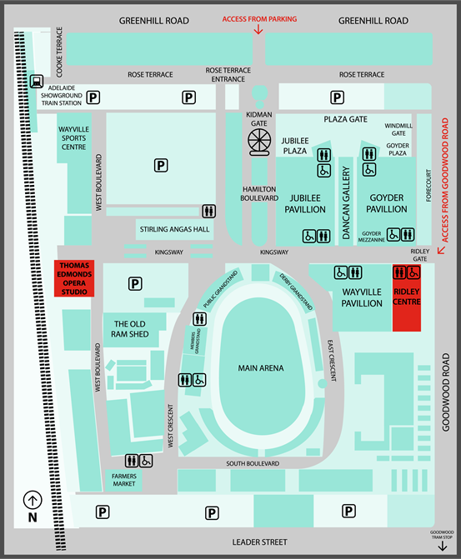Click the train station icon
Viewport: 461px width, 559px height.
point(37,82)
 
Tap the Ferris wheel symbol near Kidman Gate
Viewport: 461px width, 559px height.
point(259,142)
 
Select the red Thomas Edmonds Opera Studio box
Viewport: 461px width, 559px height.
point(74,278)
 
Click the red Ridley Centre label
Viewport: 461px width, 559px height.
point(407,297)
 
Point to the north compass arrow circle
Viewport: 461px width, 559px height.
point(33,500)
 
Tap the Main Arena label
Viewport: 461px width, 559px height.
point(261,368)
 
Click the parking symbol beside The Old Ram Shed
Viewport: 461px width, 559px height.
point(135,284)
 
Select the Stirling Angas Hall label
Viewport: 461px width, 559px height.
point(174,229)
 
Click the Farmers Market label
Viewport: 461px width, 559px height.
point(124,480)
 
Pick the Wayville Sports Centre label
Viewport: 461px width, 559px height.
point(74,138)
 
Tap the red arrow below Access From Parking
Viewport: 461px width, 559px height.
point(258,30)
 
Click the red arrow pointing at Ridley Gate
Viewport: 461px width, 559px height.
point(441,250)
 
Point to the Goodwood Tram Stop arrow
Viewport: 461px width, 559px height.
point(443,547)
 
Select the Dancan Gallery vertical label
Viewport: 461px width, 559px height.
point(346,202)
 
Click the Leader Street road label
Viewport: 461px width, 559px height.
point(260,542)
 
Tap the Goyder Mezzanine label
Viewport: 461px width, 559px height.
point(372,237)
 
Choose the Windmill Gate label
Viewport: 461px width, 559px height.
point(398,129)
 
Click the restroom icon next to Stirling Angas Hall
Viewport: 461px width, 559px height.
point(208,211)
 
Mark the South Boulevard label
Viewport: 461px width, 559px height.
point(253,463)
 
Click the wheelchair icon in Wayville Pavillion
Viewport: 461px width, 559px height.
point(341,272)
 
